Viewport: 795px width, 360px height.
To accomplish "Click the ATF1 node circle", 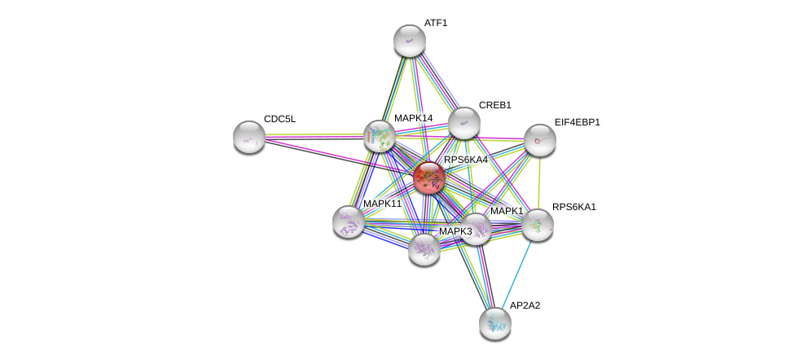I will tap(410, 41).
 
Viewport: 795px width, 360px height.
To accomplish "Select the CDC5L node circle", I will tap(249, 137).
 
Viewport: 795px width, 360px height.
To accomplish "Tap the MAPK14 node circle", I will tap(380, 136).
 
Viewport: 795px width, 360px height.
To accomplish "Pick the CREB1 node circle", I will tap(464, 123).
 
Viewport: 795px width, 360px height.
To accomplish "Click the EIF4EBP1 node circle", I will tap(539, 140).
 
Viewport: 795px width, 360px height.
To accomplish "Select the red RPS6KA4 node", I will tap(429, 178).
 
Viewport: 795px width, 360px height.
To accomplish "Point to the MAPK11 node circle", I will tap(349, 222).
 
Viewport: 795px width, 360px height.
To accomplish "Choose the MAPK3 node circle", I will tap(424, 248).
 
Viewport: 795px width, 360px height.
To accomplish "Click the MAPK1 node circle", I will tap(475, 229).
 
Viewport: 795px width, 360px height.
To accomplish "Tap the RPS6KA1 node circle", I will tap(538, 225).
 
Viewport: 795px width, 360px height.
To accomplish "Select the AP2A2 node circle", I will tap(495, 323).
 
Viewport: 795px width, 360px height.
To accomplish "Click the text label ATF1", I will tap(436, 23).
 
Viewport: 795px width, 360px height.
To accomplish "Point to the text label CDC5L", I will tap(279, 119).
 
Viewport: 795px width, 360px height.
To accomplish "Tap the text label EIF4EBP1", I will tap(577, 122).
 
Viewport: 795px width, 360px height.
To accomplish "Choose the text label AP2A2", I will tap(525, 305).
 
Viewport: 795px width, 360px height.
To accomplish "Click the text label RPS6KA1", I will tap(573, 207).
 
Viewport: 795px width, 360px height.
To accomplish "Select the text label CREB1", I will tap(494, 105).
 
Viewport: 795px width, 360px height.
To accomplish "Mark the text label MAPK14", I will tap(413, 118).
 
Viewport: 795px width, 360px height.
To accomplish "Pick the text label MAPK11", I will tap(382, 204).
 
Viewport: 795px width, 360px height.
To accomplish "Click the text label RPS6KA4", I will tap(465, 160).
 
